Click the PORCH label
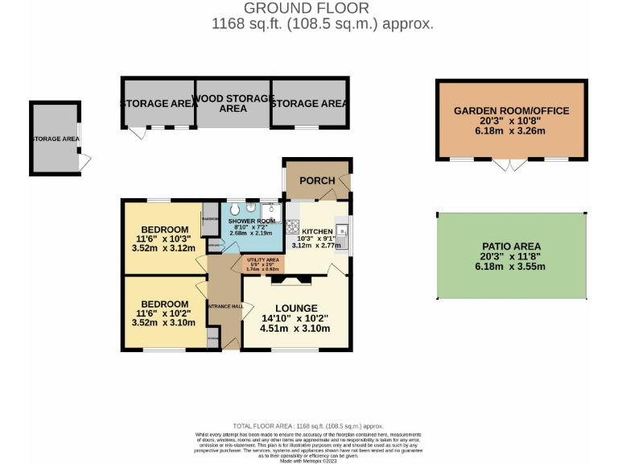(x=317, y=180)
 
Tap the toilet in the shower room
(x=236, y=209)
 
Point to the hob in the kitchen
(x=293, y=226)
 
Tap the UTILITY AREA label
(x=262, y=260)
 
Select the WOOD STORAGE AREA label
(x=233, y=103)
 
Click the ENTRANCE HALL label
(x=225, y=306)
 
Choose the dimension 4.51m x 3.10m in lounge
(x=295, y=329)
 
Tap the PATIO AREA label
(x=511, y=246)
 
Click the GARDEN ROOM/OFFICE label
(x=511, y=111)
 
